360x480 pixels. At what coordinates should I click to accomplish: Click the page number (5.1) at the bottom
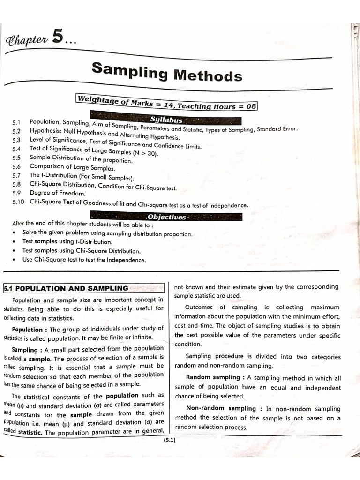click(x=169, y=440)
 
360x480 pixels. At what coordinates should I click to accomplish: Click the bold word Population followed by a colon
click(x=27, y=329)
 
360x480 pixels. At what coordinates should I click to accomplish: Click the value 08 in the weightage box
click(x=251, y=107)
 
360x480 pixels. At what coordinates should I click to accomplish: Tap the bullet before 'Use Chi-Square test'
click(x=16, y=260)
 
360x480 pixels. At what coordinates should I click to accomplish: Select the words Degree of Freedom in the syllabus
click(x=58, y=193)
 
